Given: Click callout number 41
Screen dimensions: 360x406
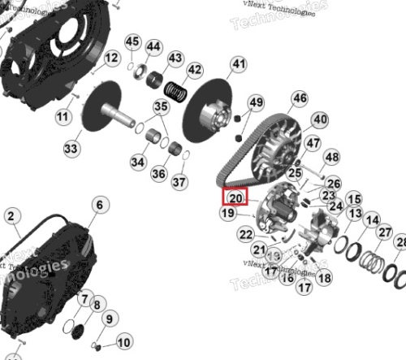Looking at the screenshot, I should pos(237,64).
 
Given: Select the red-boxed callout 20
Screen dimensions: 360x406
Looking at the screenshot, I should pos(235,197).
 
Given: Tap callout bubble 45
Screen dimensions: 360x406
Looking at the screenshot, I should pos(132,42).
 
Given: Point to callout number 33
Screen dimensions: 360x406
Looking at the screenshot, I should pos(71,149).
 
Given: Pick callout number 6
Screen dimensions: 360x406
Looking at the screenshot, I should pos(99,205).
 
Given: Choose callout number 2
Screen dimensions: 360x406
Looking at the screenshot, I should pos(11,216).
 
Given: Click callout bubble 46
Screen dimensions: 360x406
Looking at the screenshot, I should pos(300,99).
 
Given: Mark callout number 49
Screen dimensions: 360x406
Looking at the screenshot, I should pos(256,102).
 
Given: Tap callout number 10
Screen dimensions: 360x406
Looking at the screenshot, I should pos(123,342).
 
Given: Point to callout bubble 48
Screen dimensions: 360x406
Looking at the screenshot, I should pos(331,158).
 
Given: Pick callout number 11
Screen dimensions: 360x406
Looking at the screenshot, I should pos(63,117).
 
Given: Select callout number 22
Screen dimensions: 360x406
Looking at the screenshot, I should pos(246,235).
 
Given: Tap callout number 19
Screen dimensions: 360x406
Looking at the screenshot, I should pos(228,213).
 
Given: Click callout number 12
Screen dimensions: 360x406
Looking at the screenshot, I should pos(111,59).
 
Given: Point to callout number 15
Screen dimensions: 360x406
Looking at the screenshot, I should pos(353,199).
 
